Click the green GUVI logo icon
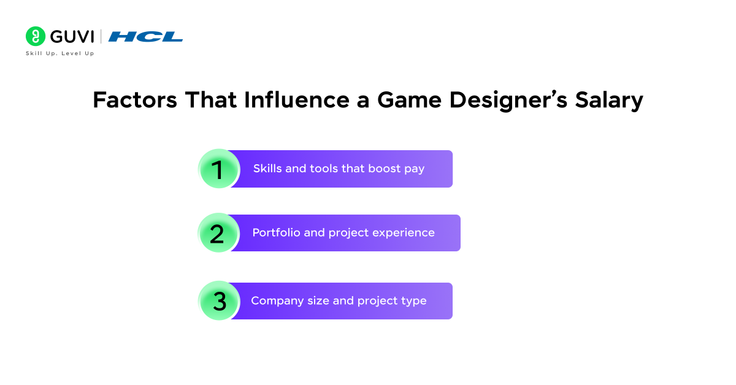(x=36, y=36)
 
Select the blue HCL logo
(x=145, y=37)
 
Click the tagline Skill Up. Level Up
(x=59, y=53)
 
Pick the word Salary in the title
(x=608, y=101)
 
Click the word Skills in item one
(x=267, y=169)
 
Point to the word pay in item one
(x=414, y=169)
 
